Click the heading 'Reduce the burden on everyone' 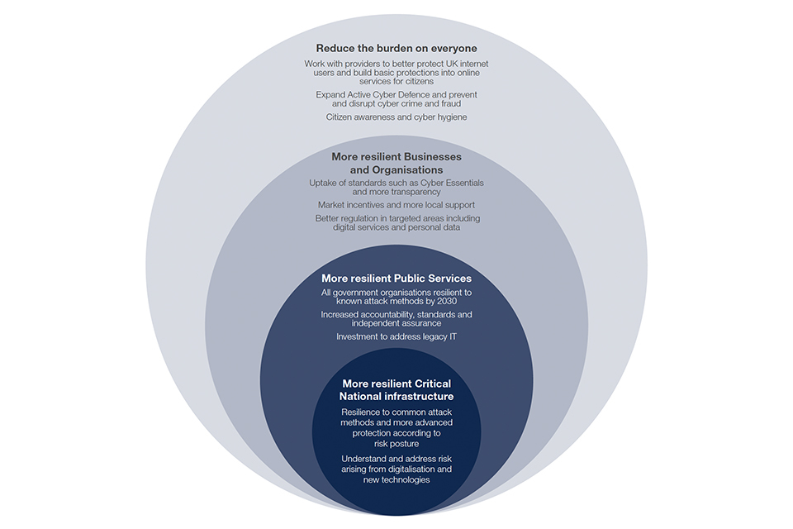click(x=396, y=48)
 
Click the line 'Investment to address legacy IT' click(x=396, y=336)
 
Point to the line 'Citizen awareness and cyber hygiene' click(x=396, y=117)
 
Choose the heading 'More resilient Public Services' click(x=396, y=278)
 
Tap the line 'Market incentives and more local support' click(x=396, y=204)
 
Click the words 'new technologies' click(x=396, y=480)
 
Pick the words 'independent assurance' click(x=396, y=323)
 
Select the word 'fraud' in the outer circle click(x=449, y=104)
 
